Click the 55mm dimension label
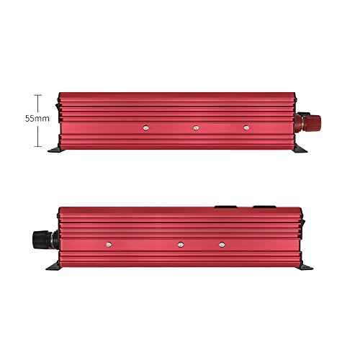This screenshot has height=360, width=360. (37, 118)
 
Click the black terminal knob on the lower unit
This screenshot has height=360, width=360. (40, 239)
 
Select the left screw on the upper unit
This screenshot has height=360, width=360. (145, 128)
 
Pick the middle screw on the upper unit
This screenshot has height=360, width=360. (196, 128)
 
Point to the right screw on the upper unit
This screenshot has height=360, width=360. (246, 127)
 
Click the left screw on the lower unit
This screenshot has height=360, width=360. (109, 245)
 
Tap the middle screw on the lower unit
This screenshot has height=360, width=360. (181, 245)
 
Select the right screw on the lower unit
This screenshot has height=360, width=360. (222, 245)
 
